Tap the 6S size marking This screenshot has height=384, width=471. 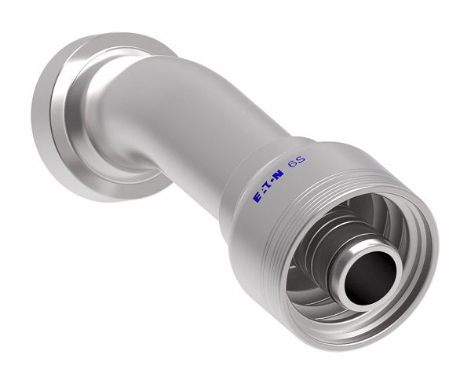pos(298,185)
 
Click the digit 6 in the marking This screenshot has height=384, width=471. pos(293,186)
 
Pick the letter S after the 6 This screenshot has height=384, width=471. pos(301,184)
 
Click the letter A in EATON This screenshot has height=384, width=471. pos(262,196)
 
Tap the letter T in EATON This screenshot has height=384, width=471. pos(268,193)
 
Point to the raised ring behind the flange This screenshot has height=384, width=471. pos(102,118)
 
